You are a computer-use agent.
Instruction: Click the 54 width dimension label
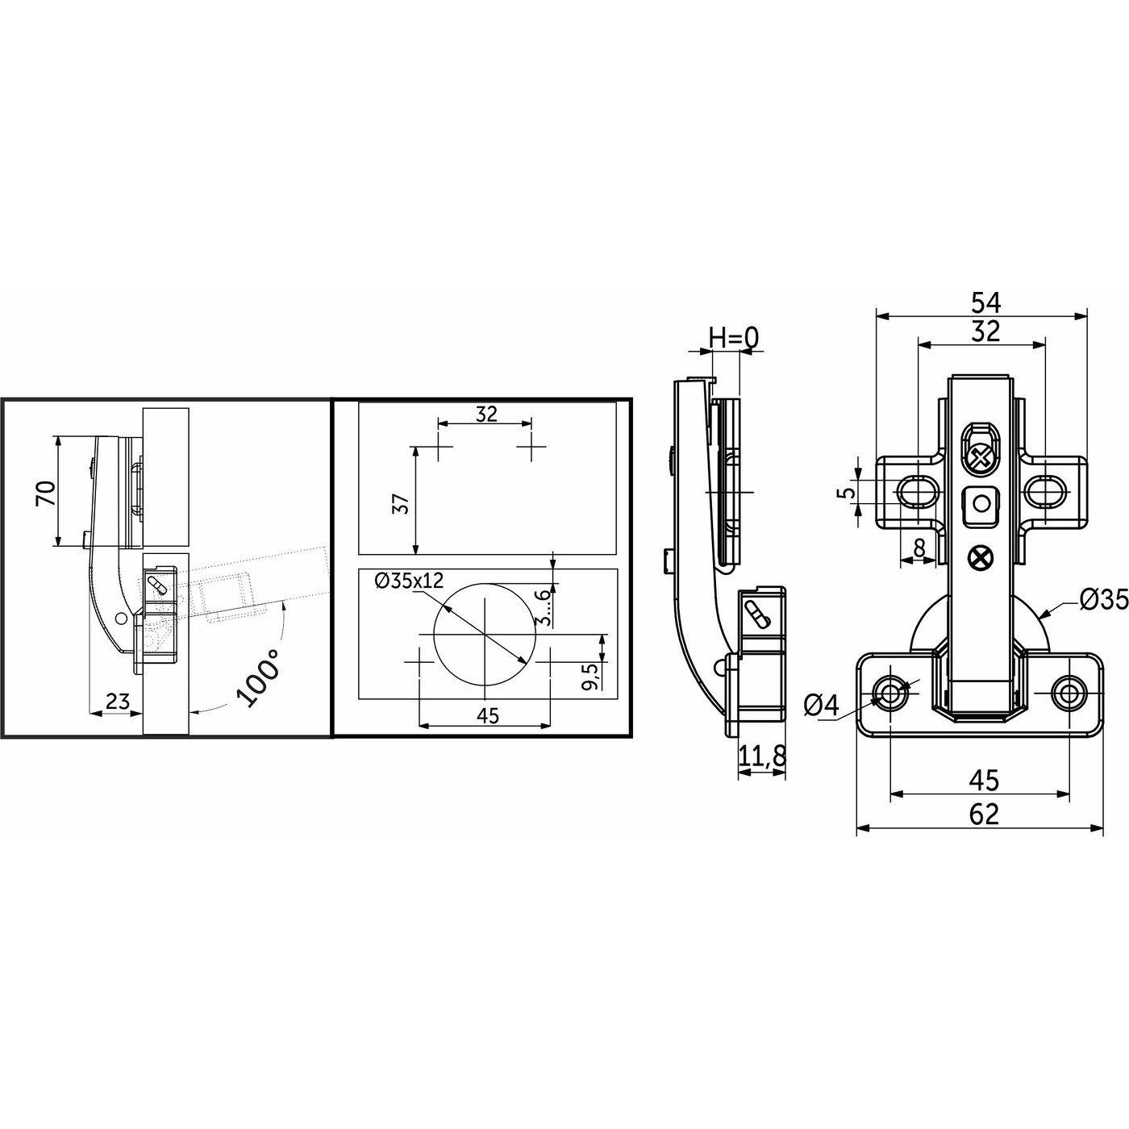[x=986, y=302]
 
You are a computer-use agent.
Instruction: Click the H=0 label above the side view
[x=734, y=337]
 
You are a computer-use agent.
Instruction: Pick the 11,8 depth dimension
[x=761, y=756]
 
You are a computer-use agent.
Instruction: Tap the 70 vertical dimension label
[x=46, y=494]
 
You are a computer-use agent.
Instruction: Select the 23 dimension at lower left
[x=117, y=701]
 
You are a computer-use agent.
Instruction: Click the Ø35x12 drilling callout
[x=410, y=581]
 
